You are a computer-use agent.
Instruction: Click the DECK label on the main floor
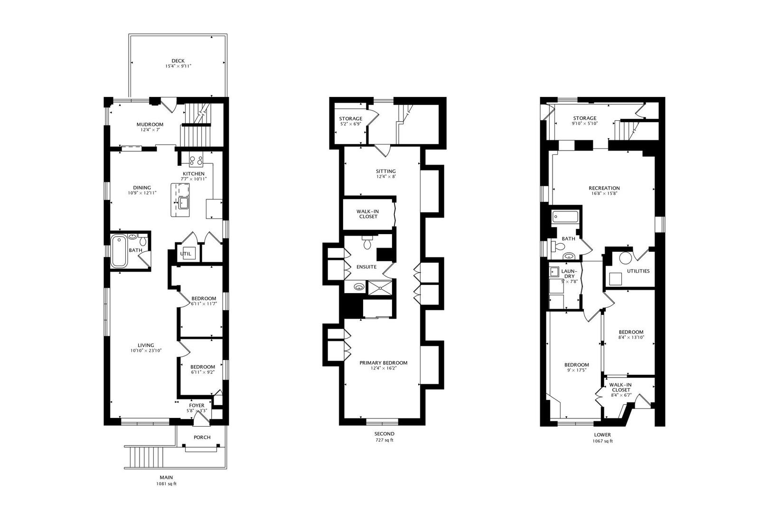click(x=178, y=61)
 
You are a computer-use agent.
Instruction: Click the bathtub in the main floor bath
click(x=119, y=251)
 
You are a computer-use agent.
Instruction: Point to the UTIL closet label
click(x=186, y=254)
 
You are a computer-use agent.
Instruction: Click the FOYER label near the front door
click(x=197, y=405)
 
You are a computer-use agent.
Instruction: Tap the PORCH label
click(x=202, y=437)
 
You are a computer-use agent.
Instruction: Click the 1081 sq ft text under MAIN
click(x=166, y=484)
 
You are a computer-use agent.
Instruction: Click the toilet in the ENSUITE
click(x=367, y=245)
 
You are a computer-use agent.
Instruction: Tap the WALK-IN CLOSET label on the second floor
click(x=368, y=214)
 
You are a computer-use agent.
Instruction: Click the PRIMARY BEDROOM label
click(x=383, y=363)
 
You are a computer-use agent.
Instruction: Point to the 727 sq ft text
click(x=384, y=440)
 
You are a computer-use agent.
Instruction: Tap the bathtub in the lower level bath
click(x=565, y=218)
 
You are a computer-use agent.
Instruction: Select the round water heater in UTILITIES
click(x=626, y=258)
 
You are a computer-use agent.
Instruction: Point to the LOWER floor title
click(x=602, y=435)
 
